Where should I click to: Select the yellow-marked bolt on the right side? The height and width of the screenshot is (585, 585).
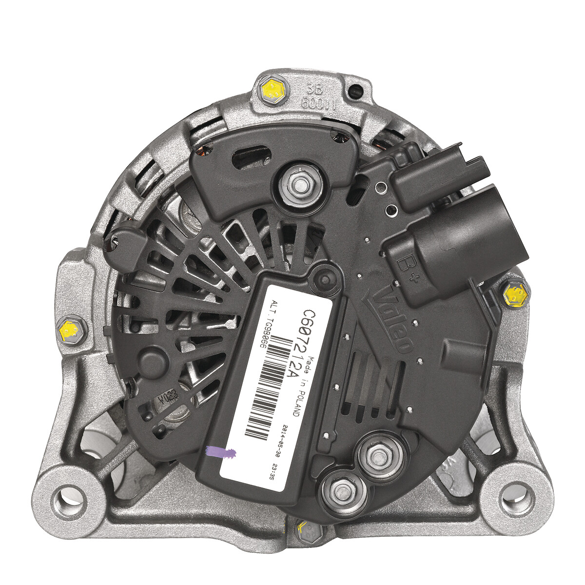[515, 293]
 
